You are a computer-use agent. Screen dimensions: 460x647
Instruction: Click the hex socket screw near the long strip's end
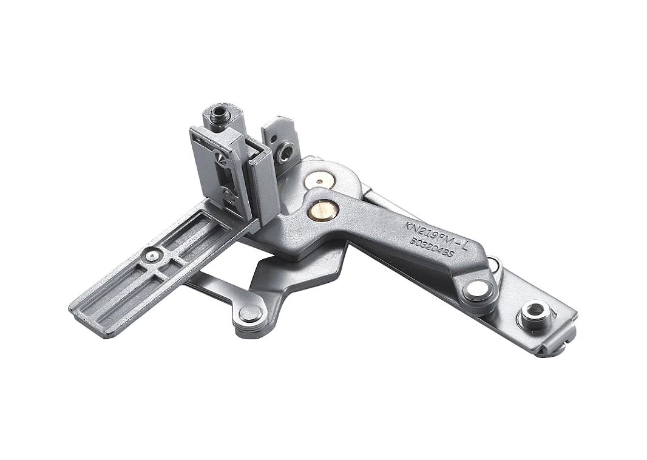[x=533, y=313]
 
